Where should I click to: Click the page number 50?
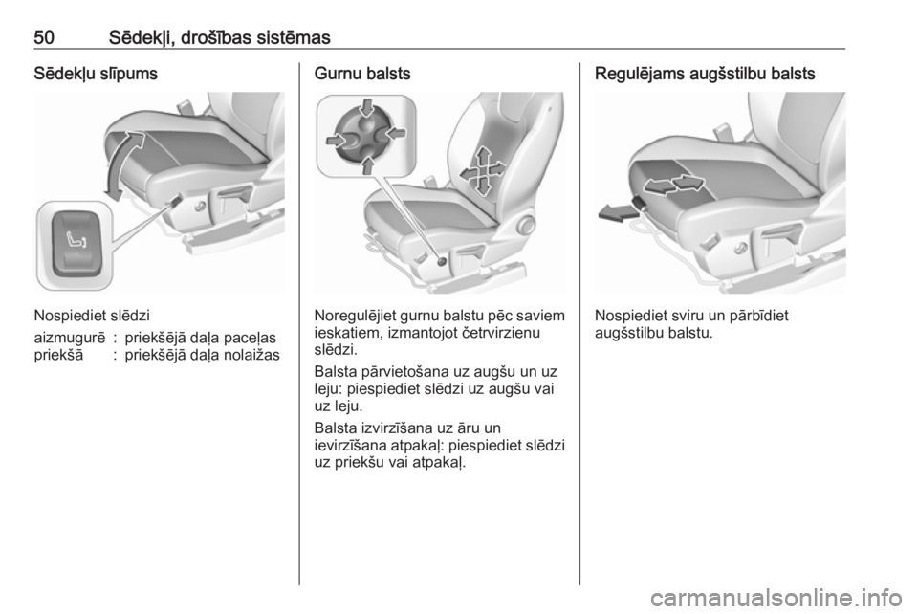point(45,37)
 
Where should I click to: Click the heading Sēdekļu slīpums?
point(96,74)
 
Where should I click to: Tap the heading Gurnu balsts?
point(362,74)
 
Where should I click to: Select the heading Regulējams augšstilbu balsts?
point(705,74)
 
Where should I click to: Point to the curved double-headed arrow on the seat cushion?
point(123,165)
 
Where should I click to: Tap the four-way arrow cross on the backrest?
point(482,170)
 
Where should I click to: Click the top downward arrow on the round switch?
point(367,109)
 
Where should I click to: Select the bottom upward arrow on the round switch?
point(367,164)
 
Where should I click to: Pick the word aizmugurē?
point(70,338)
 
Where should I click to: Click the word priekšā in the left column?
point(58,355)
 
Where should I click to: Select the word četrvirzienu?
point(497,333)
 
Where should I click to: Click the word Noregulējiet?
point(355,316)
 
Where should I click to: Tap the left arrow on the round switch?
point(338,140)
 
